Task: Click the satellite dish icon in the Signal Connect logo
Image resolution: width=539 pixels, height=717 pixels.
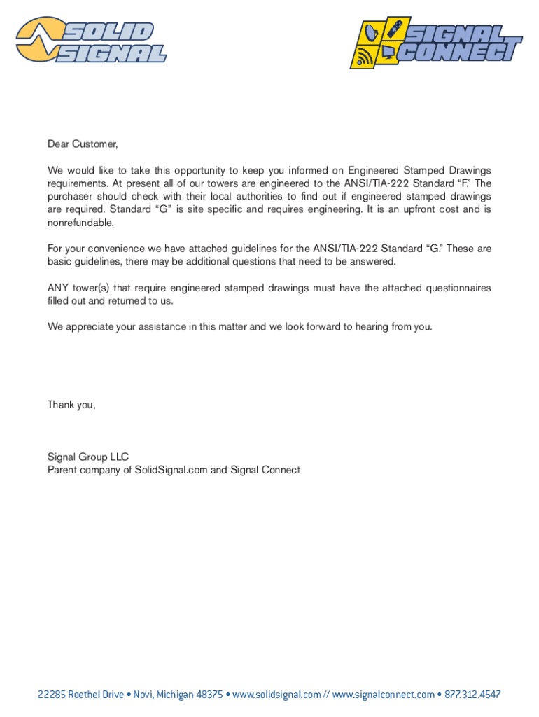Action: tap(370, 32)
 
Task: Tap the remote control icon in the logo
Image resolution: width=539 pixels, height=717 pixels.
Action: tap(394, 29)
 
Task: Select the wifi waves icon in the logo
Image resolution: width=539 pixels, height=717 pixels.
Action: tap(364, 56)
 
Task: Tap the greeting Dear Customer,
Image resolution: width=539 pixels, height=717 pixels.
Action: tap(83, 144)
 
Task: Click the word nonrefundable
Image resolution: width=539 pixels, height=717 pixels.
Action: tap(80, 223)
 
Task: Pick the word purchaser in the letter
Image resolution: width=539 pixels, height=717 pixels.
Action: tap(69, 197)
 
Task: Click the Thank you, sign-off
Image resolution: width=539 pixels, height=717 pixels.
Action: tap(71, 405)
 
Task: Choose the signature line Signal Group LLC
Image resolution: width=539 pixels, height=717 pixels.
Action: tap(88, 457)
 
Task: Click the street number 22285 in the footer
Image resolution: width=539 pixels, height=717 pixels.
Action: tap(52, 695)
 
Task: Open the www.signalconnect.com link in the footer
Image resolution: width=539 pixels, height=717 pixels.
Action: tap(384, 695)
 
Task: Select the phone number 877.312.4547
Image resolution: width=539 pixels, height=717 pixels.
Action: tap(472, 695)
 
